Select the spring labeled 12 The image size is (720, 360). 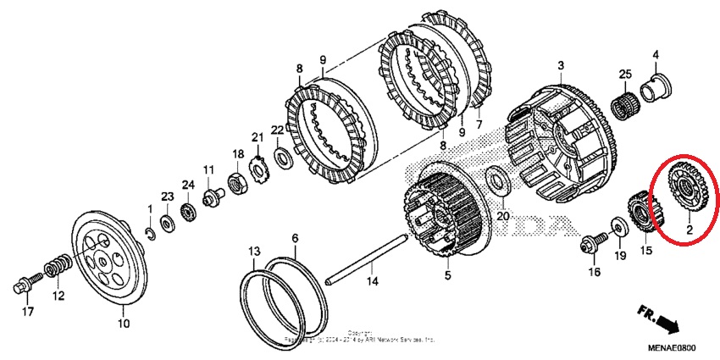coord(54,270)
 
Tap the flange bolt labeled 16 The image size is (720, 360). coord(591,241)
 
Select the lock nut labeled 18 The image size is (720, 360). coord(238,182)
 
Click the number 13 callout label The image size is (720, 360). coord(253,252)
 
